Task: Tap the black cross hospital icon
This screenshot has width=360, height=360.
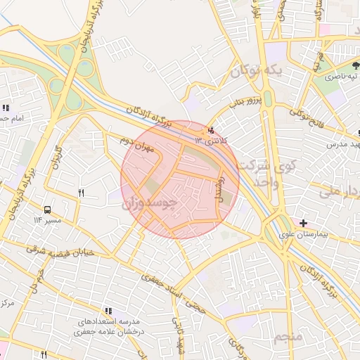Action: [x=303, y=222]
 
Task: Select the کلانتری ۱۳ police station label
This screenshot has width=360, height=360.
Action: [x=212, y=140]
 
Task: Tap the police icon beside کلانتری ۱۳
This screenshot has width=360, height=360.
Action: [x=210, y=130]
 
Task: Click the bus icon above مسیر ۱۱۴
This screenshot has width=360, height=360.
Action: [x=47, y=210]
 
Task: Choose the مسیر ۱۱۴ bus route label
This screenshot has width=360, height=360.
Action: [x=47, y=221]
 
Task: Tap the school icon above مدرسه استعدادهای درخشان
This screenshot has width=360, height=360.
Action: [x=108, y=310]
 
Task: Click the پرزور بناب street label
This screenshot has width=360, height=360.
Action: [x=246, y=102]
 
